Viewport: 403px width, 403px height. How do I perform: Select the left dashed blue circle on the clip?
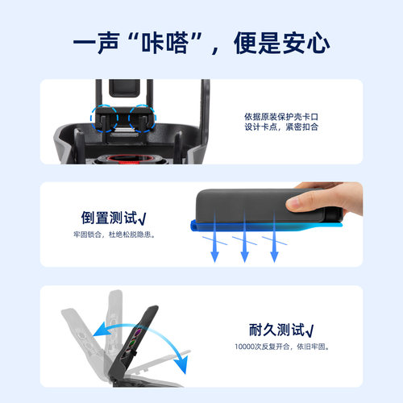pyautogui.click(x=106, y=118)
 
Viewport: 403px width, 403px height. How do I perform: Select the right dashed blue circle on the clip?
pyautogui.click(x=144, y=118)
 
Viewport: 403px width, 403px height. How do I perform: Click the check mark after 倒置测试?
pyautogui.click(x=141, y=218)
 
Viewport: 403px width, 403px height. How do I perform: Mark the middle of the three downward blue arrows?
pyautogui.click(x=243, y=249)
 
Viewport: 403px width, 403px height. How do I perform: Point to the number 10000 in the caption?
pyautogui.click(x=241, y=347)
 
